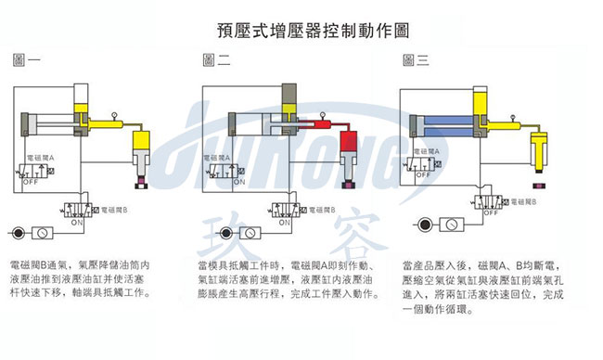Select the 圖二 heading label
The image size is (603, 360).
(x=216, y=61)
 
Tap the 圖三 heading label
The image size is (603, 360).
(x=416, y=61)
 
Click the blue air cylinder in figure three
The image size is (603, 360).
(x=437, y=125)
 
